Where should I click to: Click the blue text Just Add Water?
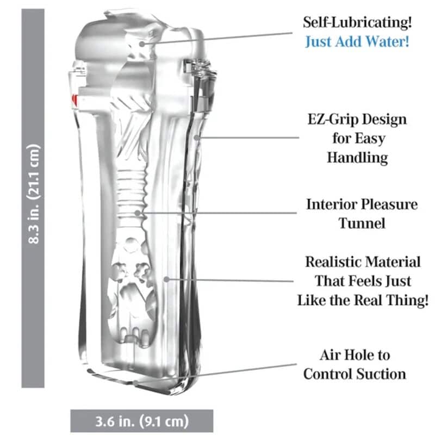tap(357, 42)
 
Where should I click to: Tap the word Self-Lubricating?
tap(357, 22)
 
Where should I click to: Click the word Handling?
tap(357, 157)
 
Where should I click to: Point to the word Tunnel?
tap(362, 223)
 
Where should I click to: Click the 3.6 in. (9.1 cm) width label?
tap(142, 421)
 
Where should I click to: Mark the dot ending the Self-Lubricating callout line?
tap(142, 44)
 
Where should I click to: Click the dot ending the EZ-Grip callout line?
tap(196, 138)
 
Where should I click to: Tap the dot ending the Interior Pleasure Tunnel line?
tap(138, 213)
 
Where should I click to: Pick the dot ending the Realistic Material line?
tap(166, 279)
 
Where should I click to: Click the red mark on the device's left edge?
tap(75, 100)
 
